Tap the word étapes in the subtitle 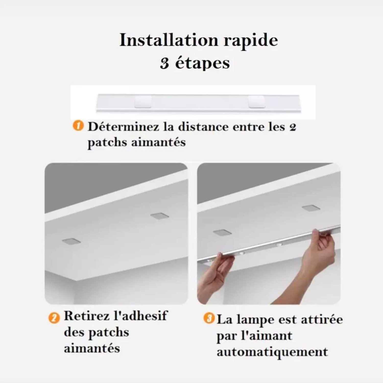coord(202,63)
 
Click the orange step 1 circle coord(78,126)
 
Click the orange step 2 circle coord(54,318)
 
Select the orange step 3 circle coord(209,318)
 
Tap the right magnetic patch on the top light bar coord(257,102)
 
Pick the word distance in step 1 coord(203,127)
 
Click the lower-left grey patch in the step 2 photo coord(71,241)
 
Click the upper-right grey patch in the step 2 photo coord(160,216)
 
